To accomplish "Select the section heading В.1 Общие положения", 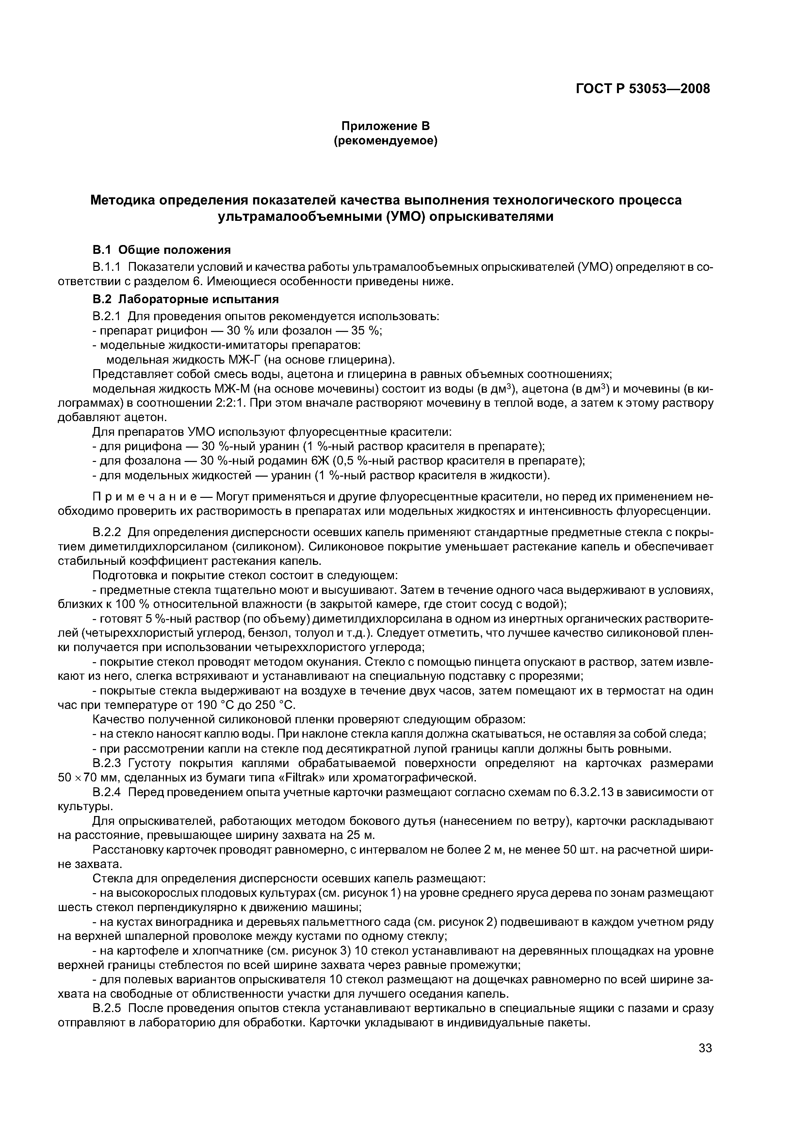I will [x=162, y=250].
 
